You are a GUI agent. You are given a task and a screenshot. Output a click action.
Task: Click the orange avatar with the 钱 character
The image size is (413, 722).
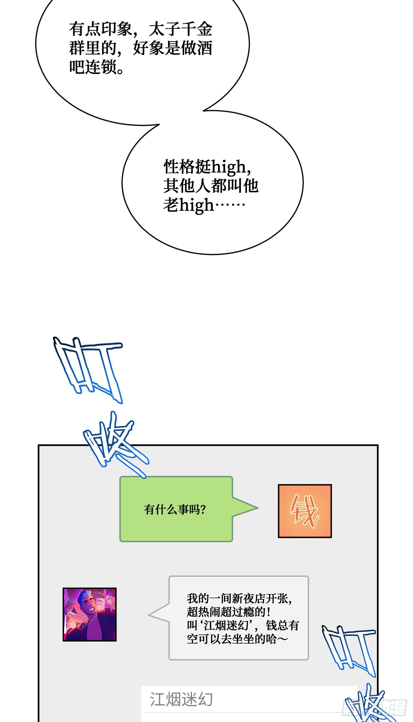pos(305,511)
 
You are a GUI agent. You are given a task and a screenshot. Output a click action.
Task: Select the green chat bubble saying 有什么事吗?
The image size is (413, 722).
pos(176,509)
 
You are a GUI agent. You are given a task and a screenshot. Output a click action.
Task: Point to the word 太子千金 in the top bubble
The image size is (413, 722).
pos(180,29)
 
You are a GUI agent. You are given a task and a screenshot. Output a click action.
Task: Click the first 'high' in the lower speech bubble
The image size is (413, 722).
pos(229,167)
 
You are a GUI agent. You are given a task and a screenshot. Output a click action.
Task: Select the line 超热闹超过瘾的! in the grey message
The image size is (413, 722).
pos(228,612)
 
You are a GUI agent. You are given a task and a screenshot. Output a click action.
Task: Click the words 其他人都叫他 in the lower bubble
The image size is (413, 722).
pos(210,186)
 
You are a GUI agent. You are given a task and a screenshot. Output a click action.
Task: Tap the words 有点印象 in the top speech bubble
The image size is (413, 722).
pos(101,29)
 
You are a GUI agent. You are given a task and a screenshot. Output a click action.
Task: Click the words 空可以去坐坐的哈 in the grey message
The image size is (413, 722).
pos(232,639)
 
